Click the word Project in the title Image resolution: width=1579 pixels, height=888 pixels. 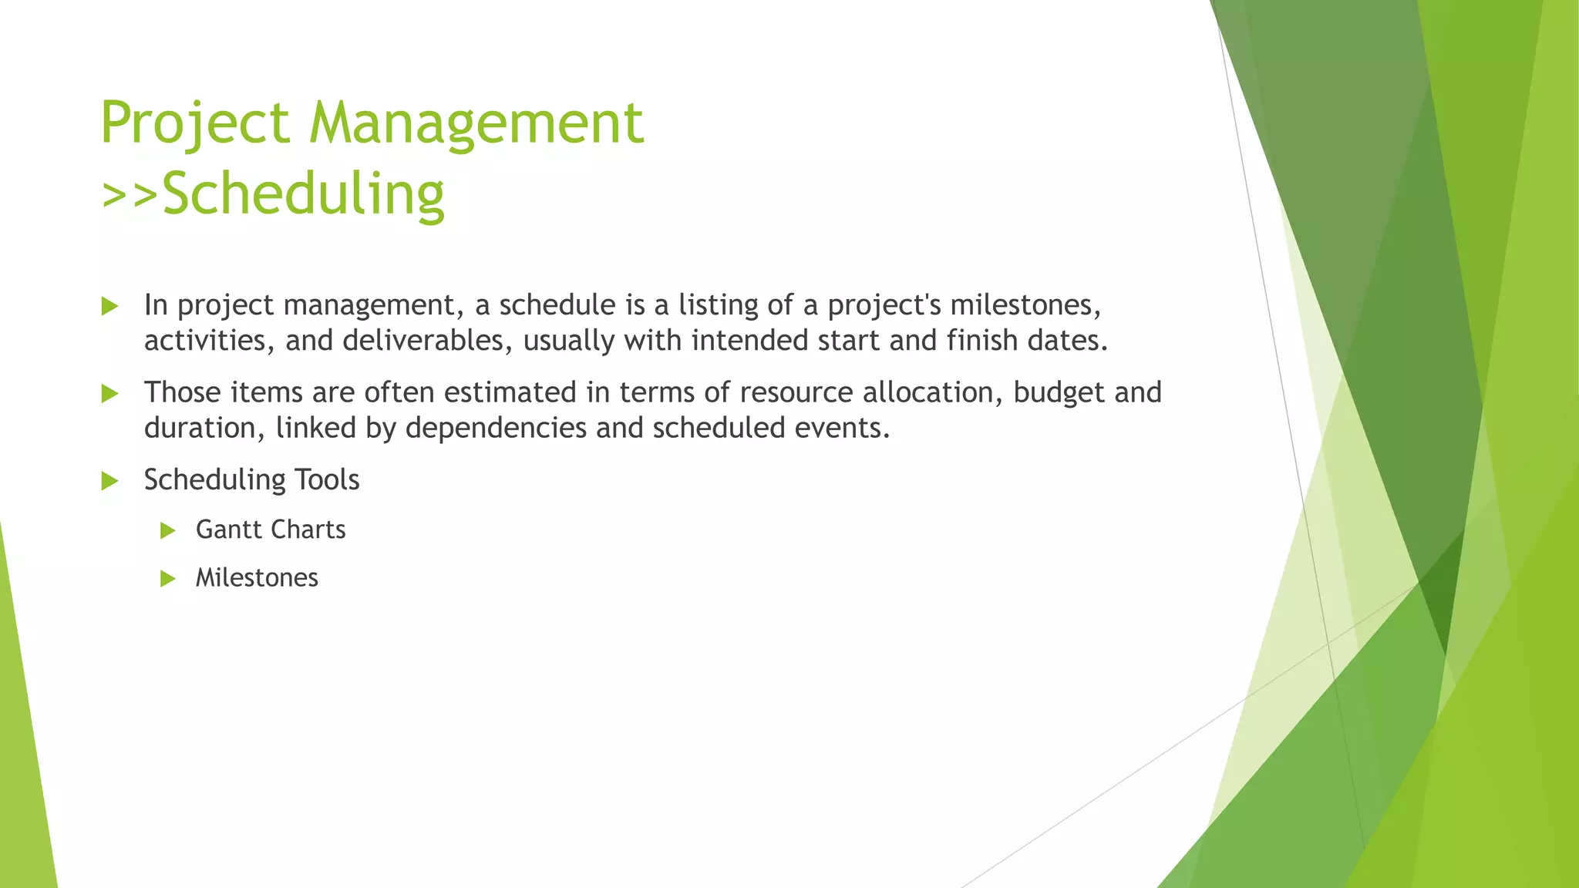[195, 123]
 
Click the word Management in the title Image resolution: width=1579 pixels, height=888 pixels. [476, 123]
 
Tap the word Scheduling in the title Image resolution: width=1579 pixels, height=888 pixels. [303, 194]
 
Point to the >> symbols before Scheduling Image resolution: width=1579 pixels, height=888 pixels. [130, 194]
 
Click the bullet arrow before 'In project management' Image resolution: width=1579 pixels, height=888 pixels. [109, 307]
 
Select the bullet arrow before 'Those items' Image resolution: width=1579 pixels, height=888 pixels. [109, 394]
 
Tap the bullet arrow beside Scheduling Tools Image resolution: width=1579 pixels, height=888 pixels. [109, 482]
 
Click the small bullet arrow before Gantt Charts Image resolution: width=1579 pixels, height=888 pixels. [168, 530]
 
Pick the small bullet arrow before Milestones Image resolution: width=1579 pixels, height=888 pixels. [168, 579]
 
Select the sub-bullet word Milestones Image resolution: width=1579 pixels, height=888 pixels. [257, 577]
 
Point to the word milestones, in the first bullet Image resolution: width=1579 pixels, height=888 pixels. [1025, 305]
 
